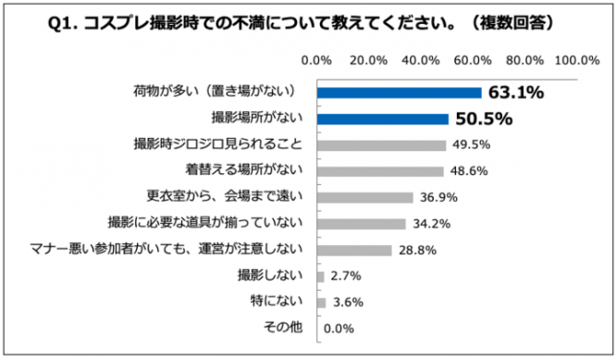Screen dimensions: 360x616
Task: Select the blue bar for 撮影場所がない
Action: coord(383,118)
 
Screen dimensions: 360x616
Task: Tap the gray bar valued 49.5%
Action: coord(381,145)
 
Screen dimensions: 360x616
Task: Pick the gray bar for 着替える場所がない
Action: coord(380,171)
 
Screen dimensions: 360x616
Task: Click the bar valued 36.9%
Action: coord(365,197)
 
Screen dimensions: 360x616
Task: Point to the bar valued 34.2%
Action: coord(362,223)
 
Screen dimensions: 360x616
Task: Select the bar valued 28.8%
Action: coord(354,250)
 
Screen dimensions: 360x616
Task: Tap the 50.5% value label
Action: coord(481,118)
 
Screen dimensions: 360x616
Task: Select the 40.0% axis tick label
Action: coord(422,61)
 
